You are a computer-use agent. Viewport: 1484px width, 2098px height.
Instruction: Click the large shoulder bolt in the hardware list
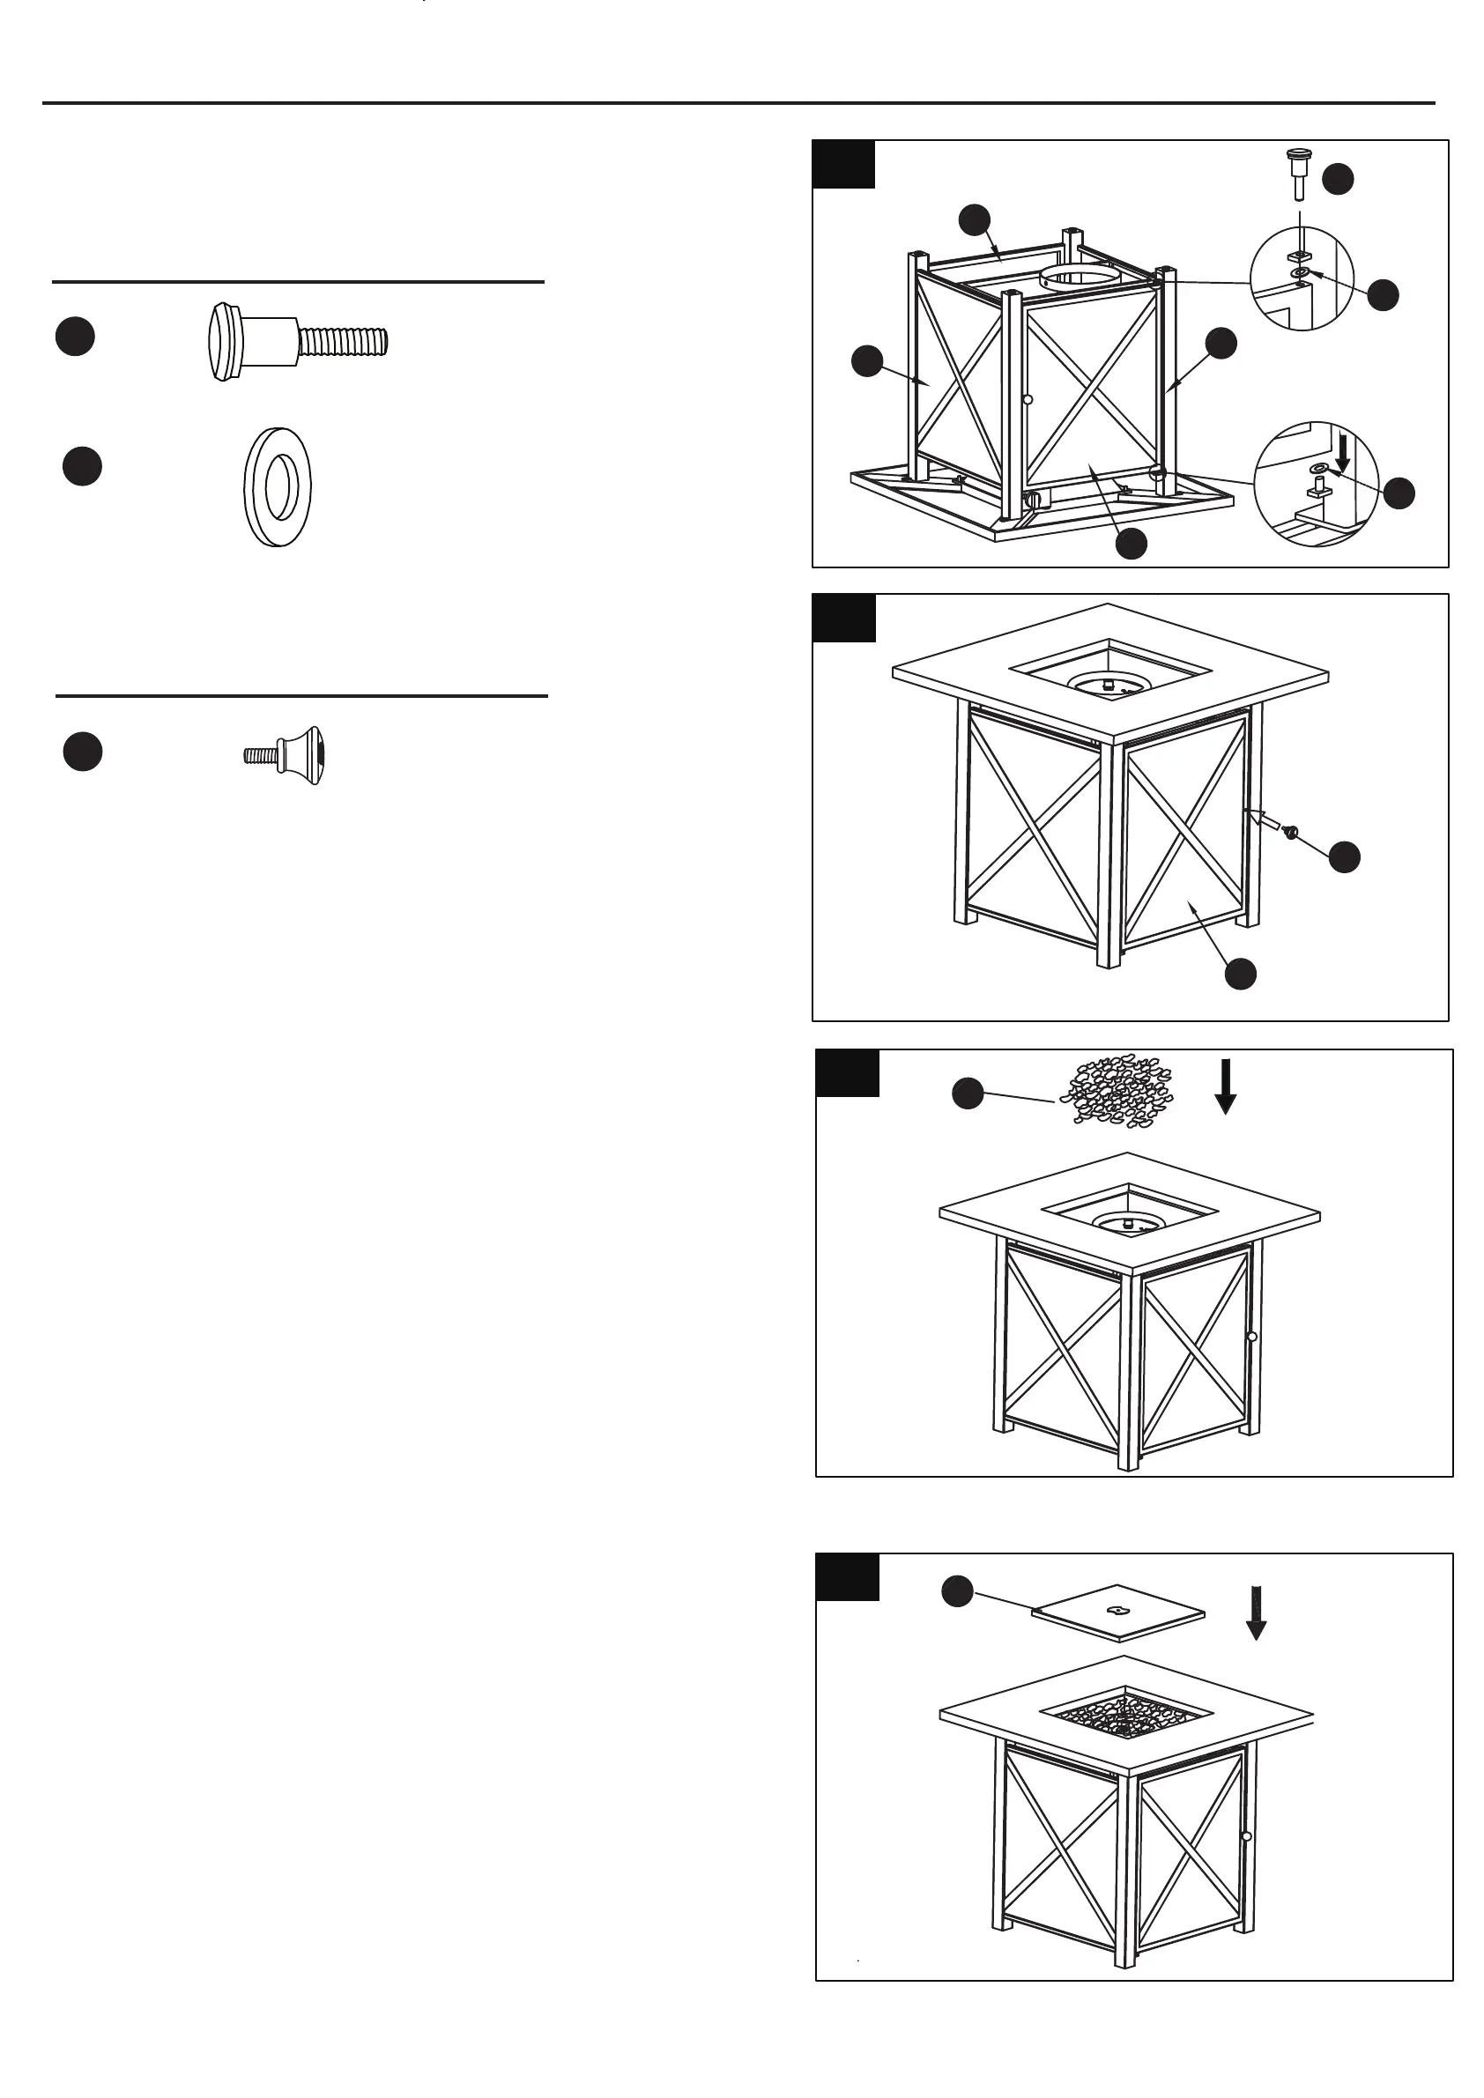click(x=297, y=342)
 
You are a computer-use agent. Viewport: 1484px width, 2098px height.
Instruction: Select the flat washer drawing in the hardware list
click(x=277, y=487)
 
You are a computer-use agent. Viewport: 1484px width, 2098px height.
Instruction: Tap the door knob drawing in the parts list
click(x=286, y=755)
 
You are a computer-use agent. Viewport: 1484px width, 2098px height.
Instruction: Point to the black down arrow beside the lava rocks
click(x=1226, y=1086)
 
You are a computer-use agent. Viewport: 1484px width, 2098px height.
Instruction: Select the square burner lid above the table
click(x=1117, y=1612)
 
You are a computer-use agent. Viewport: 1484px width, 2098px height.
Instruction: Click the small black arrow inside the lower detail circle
click(x=1342, y=454)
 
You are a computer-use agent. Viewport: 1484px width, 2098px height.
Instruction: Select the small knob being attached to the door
click(x=1291, y=831)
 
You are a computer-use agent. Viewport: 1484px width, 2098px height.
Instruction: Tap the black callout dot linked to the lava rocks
click(x=968, y=1093)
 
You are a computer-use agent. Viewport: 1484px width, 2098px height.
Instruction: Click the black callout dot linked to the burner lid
click(x=957, y=1590)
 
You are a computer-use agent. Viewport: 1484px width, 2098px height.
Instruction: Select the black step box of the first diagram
click(x=843, y=165)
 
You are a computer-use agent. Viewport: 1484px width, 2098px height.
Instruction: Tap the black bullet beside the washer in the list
click(x=82, y=466)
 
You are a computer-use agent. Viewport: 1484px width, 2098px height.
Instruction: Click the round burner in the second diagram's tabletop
click(x=1108, y=683)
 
